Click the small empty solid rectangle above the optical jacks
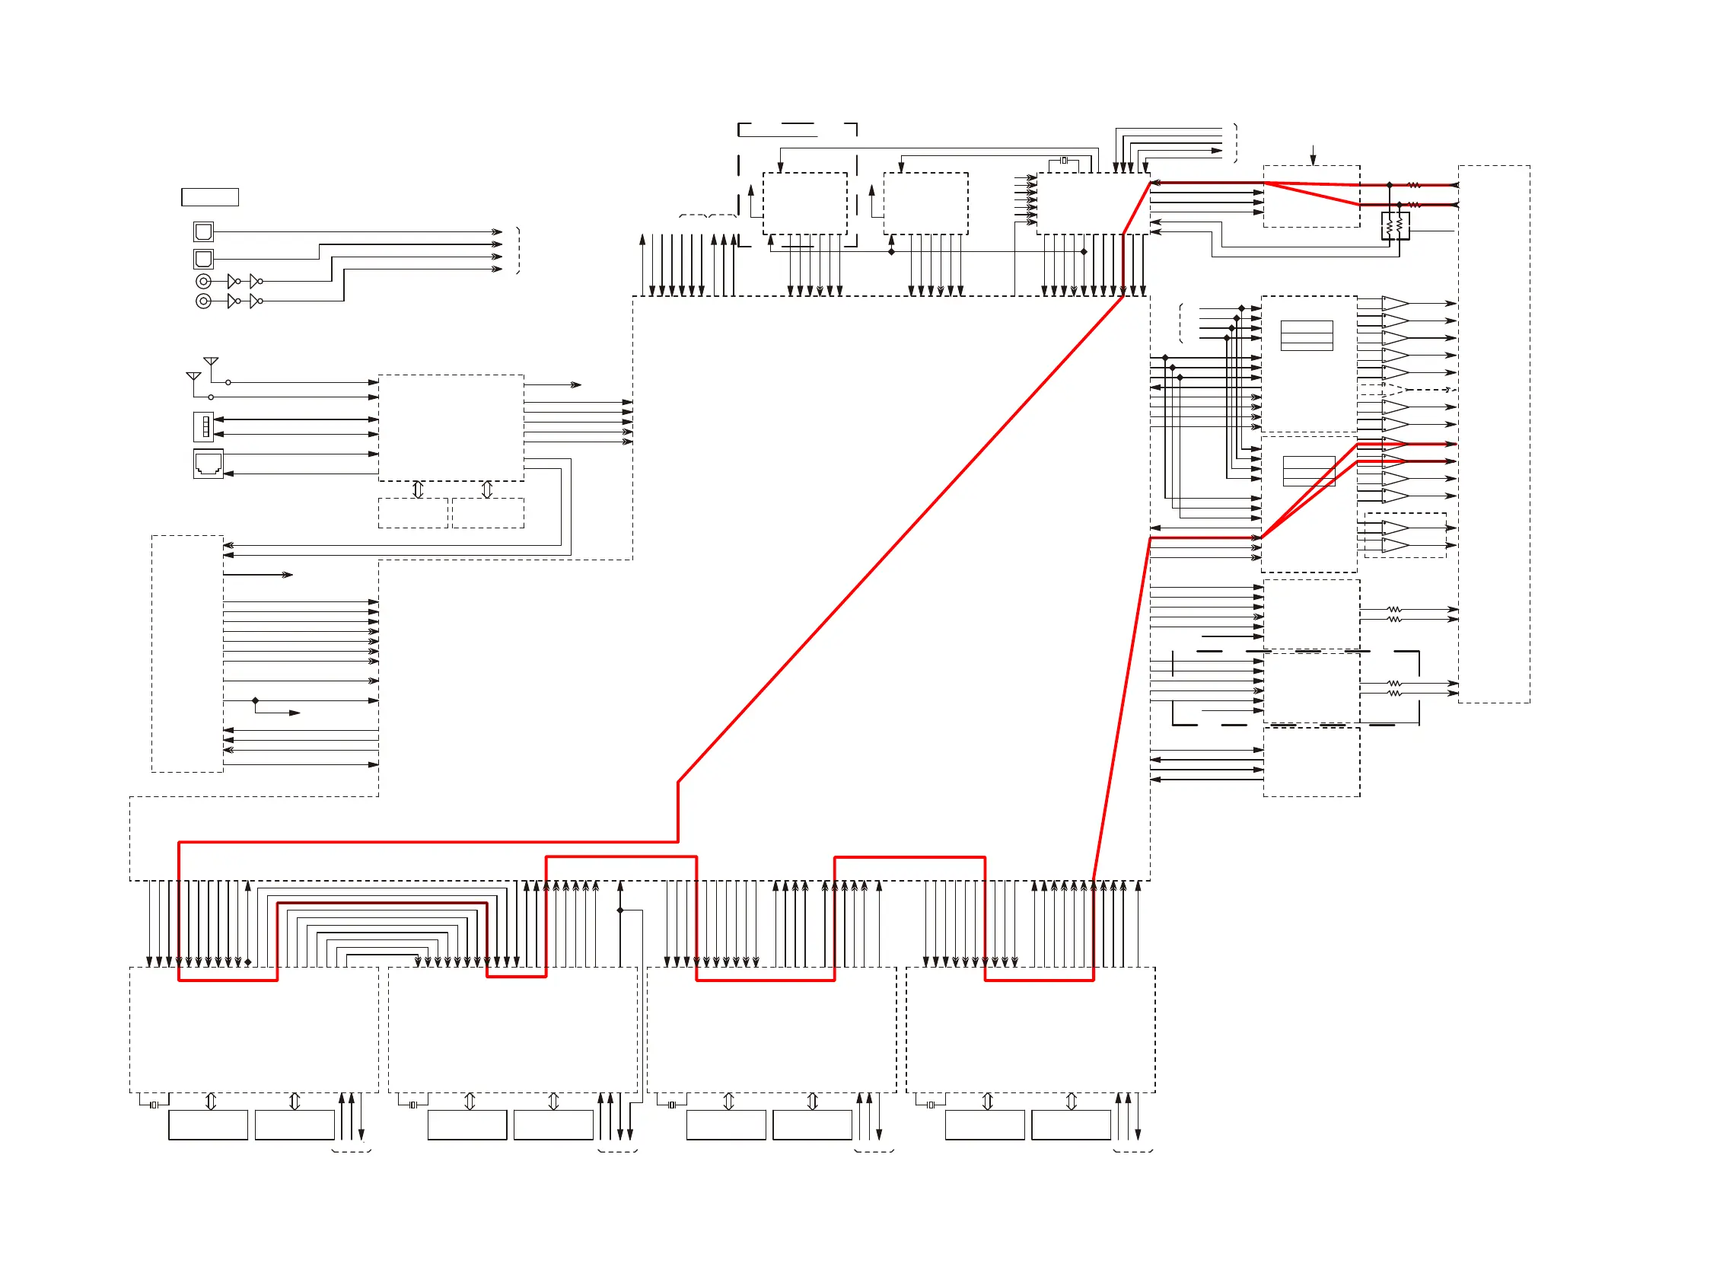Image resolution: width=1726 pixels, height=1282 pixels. click(209, 197)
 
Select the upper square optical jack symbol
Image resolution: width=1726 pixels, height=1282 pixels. click(203, 231)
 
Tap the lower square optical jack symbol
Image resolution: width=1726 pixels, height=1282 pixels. click(203, 258)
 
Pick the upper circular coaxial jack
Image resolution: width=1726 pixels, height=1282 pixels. click(203, 281)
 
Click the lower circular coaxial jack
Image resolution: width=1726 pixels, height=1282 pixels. click(203, 301)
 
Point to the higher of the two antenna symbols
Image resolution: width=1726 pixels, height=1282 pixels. click(211, 362)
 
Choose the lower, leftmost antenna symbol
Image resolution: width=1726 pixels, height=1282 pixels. click(194, 376)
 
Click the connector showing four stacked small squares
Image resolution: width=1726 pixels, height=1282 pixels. click(204, 427)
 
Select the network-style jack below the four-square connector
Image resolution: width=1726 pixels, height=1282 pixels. click(208, 464)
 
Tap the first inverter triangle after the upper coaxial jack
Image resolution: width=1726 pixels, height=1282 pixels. click(232, 281)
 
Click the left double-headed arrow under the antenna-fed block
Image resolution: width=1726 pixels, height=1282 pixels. click(418, 490)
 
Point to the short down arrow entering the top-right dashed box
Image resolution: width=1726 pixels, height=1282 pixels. click(1313, 155)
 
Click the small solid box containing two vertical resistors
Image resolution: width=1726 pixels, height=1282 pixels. click(1395, 226)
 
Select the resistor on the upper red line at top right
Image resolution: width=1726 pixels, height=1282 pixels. click(1413, 186)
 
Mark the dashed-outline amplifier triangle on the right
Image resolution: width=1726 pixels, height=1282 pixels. click(1394, 390)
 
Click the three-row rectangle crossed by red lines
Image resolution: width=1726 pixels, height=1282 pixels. click(1309, 471)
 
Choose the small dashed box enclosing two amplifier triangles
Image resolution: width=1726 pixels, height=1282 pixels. click(1405, 535)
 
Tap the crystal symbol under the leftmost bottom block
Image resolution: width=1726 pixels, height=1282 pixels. click(154, 1105)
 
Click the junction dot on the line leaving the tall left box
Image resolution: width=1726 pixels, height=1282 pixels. click(255, 700)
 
